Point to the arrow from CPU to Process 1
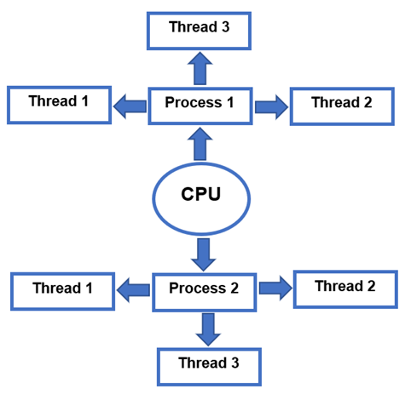[200, 144]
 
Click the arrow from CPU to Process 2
[204, 254]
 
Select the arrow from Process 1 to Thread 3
[200, 68]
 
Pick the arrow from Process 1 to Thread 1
[130, 106]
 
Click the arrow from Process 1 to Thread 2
[271, 107]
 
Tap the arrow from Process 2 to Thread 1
[133, 290]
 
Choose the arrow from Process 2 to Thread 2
[275, 288]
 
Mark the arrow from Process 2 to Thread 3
[208, 329]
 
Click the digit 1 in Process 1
[230, 102]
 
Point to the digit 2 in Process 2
[234, 289]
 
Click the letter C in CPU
[188, 194]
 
